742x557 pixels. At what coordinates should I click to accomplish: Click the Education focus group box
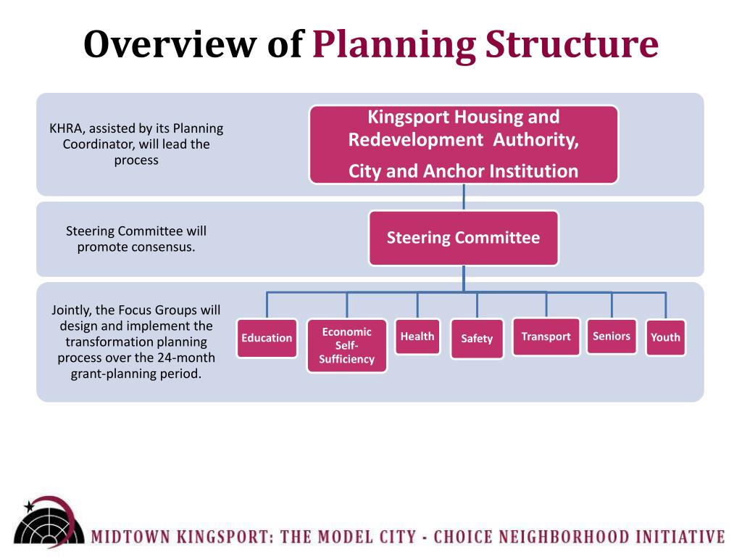(267, 338)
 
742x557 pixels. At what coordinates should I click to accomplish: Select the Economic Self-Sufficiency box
(346, 345)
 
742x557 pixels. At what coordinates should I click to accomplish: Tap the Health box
(417, 337)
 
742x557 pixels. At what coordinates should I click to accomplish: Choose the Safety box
(477, 339)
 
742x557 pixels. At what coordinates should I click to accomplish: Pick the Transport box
(546, 337)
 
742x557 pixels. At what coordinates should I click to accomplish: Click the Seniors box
(612, 337)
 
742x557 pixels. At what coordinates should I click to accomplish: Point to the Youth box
(665, 337)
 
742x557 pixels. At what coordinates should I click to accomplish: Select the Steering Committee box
(463, 238)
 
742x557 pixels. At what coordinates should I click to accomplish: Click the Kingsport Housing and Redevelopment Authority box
(463, 144)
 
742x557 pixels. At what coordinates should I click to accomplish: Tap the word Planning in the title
(394, 45)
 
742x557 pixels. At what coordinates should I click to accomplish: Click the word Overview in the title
(171, 45)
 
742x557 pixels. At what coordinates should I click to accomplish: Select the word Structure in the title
(572, 45)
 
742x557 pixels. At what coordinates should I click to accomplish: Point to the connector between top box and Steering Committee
(464, 197)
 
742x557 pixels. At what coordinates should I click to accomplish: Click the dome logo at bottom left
(46, 524)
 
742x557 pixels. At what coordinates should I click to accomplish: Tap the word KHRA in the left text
(65, 129)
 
